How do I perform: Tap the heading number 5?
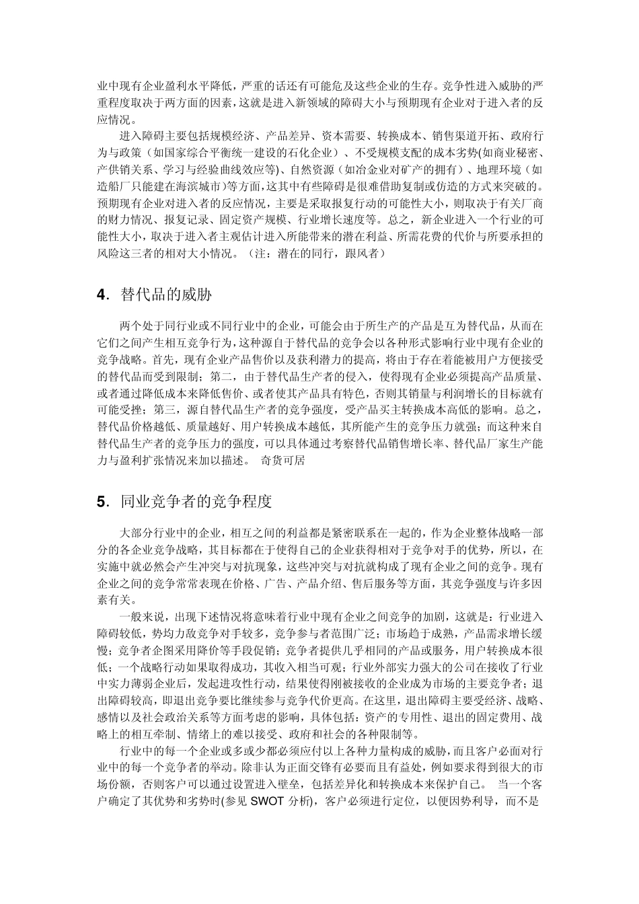coord(102,501)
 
